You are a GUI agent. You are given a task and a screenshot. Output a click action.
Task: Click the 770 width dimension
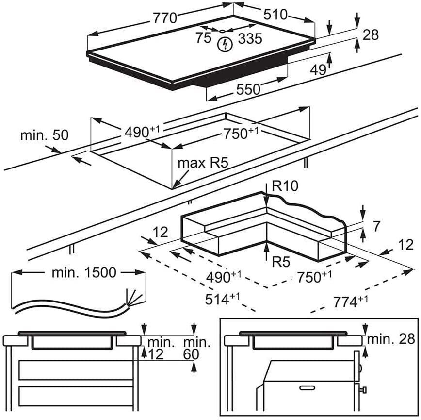165,18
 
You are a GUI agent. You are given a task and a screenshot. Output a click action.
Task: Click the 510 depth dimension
275,15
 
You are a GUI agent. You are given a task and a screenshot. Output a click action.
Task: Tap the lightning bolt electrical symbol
225,45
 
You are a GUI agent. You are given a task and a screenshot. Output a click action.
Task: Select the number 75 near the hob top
203,37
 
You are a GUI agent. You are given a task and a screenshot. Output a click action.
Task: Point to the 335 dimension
250,38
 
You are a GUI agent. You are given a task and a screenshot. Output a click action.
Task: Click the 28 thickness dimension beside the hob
371,34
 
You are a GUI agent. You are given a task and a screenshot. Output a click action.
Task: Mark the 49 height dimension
318,70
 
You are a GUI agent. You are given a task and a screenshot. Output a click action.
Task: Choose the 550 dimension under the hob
248,89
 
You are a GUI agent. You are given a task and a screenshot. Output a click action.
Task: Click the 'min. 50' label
45,135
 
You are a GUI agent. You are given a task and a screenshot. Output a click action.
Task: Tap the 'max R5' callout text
203,163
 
